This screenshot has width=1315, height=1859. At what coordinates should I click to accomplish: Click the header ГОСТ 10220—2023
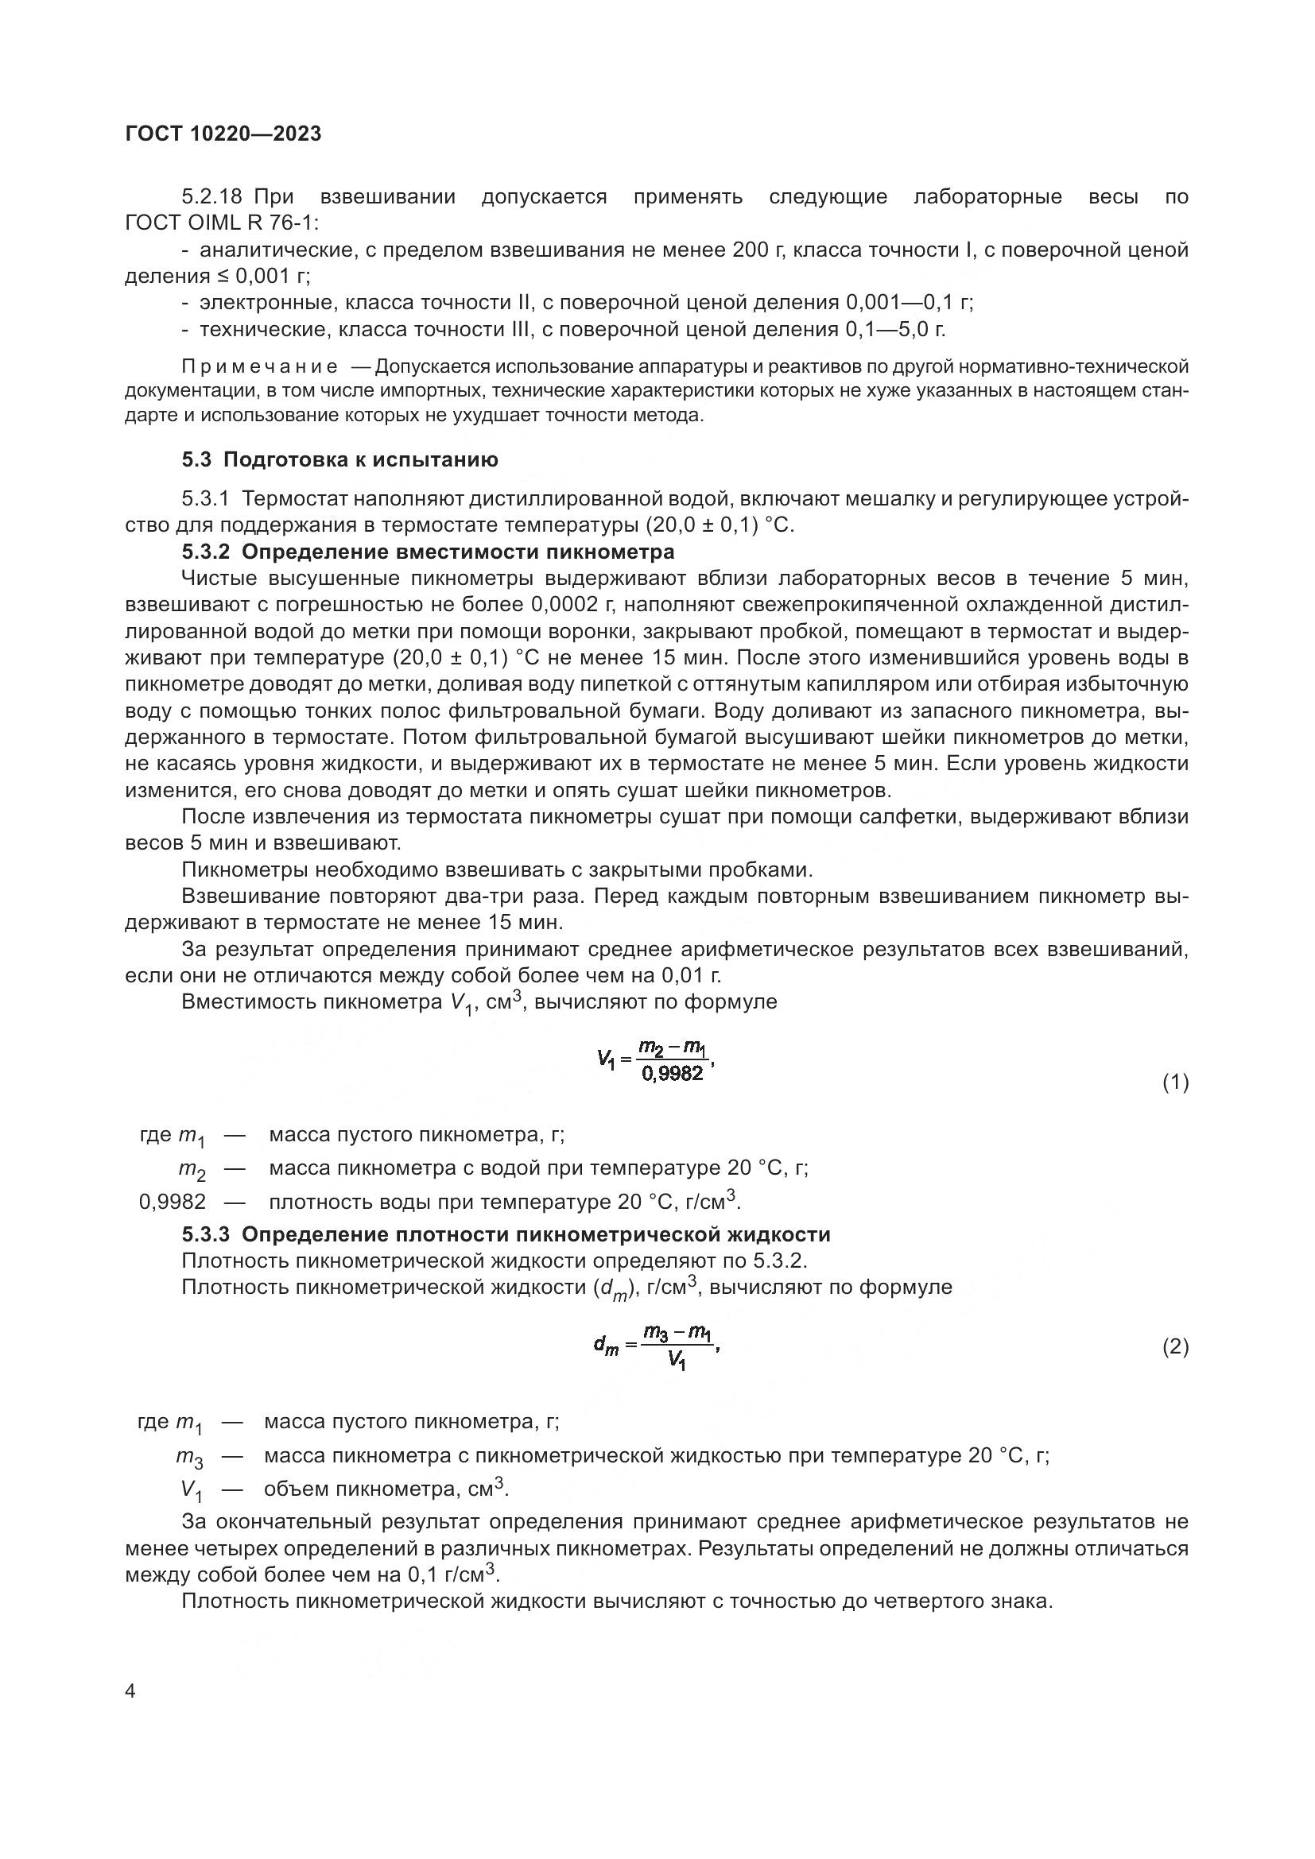point(223,134)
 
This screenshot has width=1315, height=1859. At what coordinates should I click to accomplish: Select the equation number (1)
point(1175,1082)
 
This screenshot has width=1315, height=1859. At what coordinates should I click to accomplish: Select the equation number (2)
point(1175,1346)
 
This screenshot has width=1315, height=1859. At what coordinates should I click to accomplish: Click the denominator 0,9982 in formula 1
point(672,1074)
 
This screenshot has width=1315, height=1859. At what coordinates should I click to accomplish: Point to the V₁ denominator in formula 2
point(677,1362)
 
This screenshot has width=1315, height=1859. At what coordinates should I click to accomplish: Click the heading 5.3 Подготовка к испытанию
point(340,460)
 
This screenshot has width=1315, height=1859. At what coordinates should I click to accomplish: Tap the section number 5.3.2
point(206,552)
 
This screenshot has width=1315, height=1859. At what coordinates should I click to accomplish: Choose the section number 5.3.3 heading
point(206,1234)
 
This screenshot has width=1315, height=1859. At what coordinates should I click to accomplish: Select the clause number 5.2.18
point(213,197)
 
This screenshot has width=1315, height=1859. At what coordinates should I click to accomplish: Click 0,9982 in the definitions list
point(173,1202)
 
